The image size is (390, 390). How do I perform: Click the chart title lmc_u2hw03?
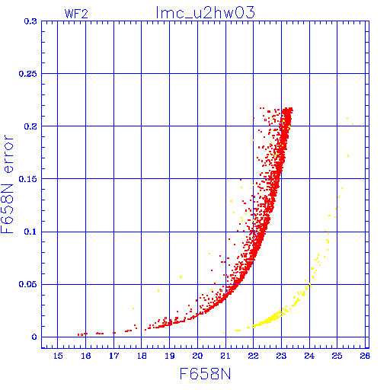click(x=205, y=13)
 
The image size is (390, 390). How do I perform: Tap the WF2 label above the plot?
click(x=76, y=14)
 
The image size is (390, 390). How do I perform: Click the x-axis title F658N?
click(x=205, y=374)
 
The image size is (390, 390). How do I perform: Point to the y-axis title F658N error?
click(x=7, y=184)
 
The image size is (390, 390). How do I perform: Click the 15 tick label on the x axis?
click(x=58, y=356)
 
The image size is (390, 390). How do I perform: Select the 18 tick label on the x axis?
click(x=142, y=356)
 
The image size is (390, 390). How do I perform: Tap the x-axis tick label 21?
click(x=225, y=356)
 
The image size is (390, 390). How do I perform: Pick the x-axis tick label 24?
click(x=309, y=356)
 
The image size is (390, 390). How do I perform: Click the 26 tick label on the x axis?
click(x=365, y=356)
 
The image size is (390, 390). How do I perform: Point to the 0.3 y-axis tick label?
click(x=30, y=21)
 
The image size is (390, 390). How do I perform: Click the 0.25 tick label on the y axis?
click(x=28, y=74)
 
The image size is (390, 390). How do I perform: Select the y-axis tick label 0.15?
click(x=28, y=179)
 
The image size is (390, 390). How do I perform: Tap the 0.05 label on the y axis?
click(x=28, y=284)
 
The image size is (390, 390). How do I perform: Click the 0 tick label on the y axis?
click(x=34, y=337)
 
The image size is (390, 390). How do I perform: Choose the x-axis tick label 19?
click(x=170, y=356)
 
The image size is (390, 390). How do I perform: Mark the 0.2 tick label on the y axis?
click(x=30, y=126)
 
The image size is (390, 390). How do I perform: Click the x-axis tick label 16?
click(x=86, y=356)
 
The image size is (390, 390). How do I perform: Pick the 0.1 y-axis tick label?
click(x=30, y=232)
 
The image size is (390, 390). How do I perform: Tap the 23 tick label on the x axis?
click(x=281, y=356)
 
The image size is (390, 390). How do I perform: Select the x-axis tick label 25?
click(x=337, y=356)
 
